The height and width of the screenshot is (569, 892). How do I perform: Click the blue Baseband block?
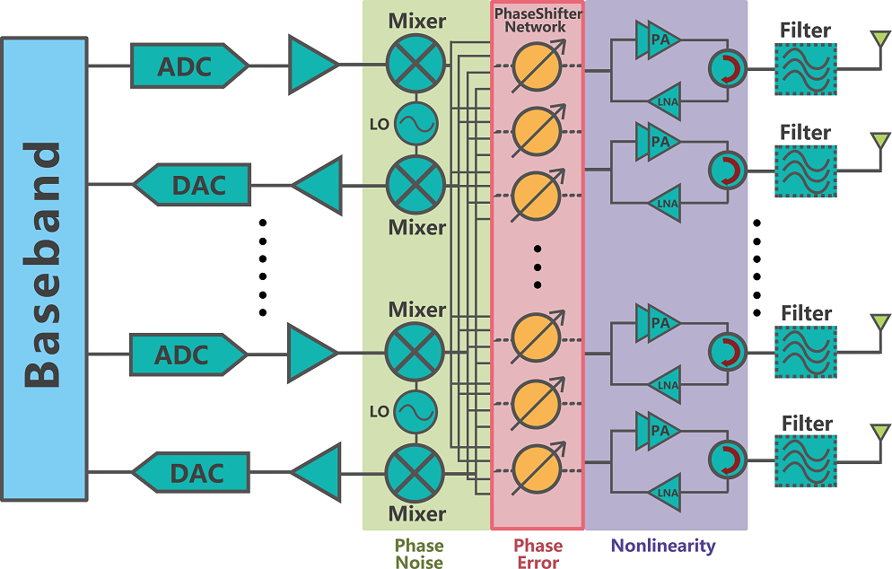44,267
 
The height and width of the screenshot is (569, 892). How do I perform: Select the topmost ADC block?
188,66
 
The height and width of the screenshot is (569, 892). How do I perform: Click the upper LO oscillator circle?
415,124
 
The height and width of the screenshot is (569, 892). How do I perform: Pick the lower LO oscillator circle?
415,412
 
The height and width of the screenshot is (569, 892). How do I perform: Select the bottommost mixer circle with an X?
415,473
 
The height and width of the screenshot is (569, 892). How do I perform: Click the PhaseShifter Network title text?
537,20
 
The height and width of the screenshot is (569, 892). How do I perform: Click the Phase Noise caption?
419,554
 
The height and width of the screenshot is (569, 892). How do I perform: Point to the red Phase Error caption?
538,554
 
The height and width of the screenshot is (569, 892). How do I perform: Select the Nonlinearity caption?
663,545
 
